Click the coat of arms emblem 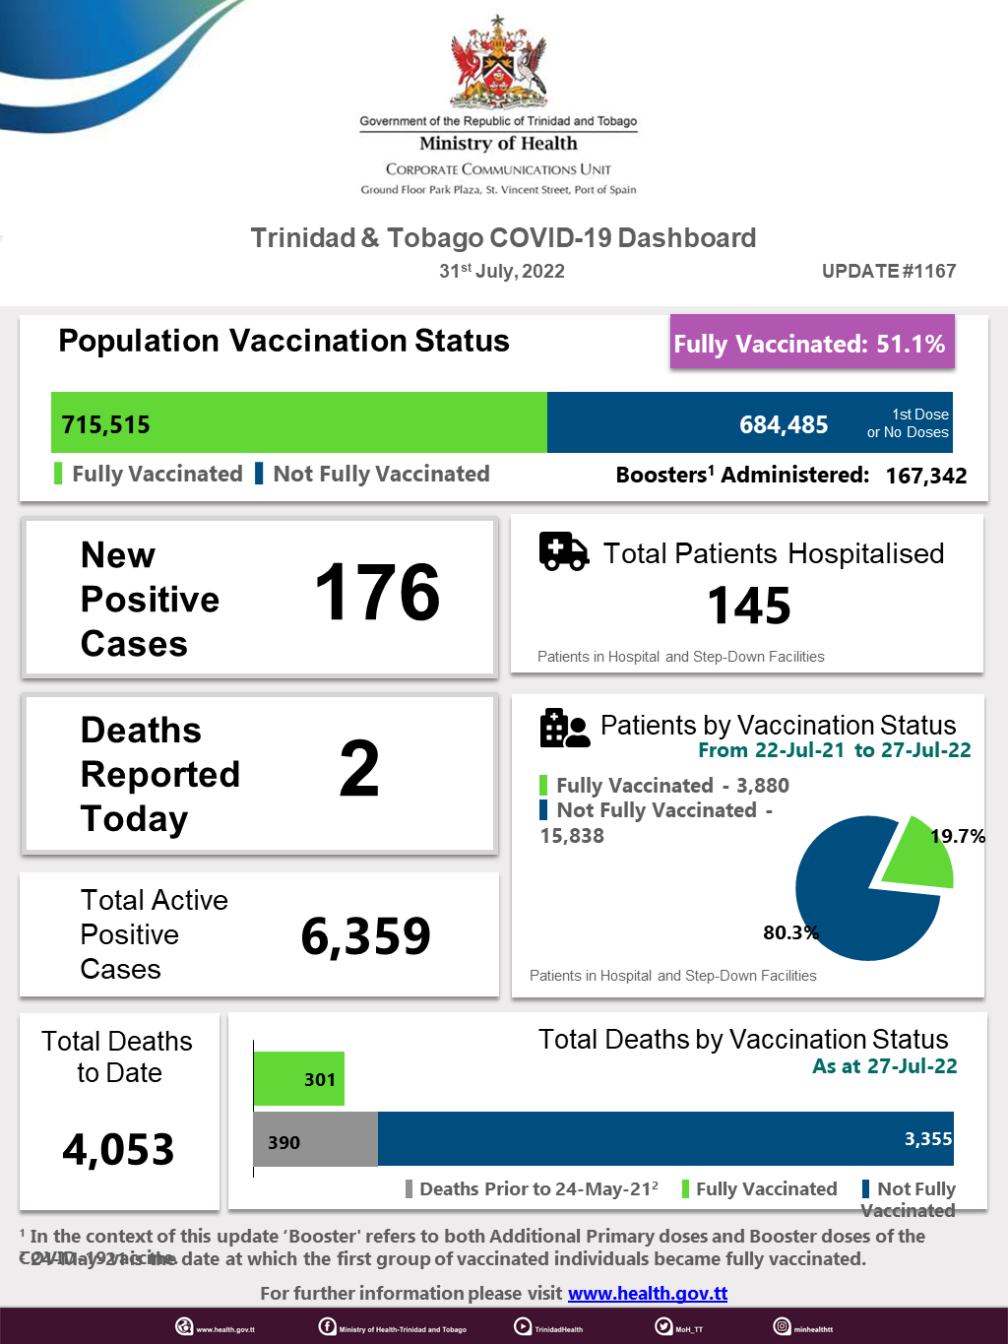tap(499, 63)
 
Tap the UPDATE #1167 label tap(889, 271)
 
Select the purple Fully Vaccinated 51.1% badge tap(811, 343)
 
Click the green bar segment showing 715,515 tap(299, 423)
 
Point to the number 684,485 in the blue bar tap(784, 424)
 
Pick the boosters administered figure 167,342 tap(925, 476)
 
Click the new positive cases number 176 tap(377, 593)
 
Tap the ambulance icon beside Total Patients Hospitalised tap(563, 551)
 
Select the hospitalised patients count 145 tap(749, 606)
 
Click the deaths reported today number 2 tap(359, 769)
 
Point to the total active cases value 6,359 tap(365, 935)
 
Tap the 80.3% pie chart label tap(790, 931)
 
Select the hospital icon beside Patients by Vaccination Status tap(564, 729)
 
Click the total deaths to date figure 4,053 tap(118, 1149)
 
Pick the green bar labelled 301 tap(299, 1079)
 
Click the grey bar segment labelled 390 tap(315, 1140)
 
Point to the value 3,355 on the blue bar tap(927, 1139)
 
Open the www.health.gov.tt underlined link tap(648, 1293)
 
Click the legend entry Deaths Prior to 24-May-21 tap(537, 1188)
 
